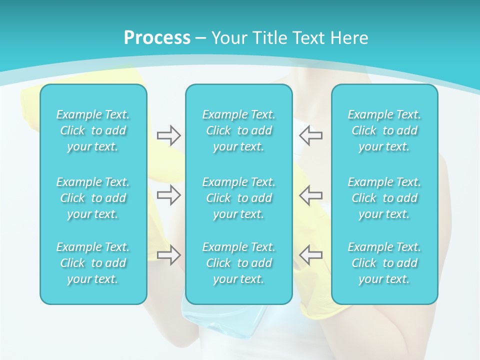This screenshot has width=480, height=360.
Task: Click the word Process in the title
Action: (157, 38)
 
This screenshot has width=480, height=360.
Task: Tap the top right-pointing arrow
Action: (169, 135)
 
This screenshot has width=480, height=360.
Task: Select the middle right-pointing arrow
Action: (169, 195)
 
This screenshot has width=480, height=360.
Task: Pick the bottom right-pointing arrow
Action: (169, 254)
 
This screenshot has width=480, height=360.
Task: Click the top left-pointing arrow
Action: (310, 135)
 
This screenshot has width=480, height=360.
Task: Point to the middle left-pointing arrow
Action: (310, 195)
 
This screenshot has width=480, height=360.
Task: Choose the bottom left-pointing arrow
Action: (310, 254)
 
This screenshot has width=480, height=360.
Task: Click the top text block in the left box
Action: (93, 130)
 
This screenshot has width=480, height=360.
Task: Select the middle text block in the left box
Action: (93, 198)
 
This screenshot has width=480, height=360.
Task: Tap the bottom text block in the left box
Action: (93, 263)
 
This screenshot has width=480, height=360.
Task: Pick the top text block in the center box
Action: (238, 130)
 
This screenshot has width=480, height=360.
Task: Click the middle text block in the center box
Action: (238, 198)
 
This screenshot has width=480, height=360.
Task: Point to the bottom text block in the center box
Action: (238, 263)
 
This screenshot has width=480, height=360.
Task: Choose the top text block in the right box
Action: (384, 130)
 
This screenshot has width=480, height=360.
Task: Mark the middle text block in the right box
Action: (384, 198)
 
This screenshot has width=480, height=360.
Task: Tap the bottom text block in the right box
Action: (384, 263)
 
